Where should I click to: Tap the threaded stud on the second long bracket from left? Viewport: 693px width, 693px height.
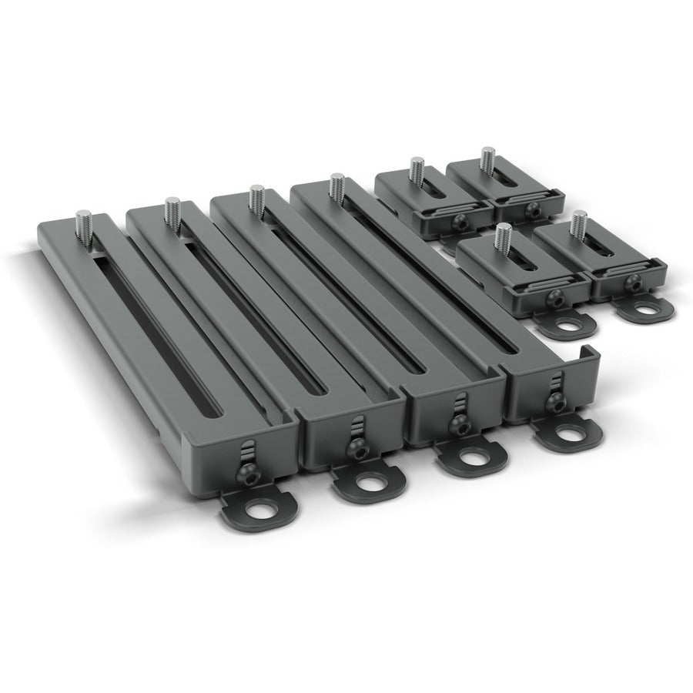pos(170,211)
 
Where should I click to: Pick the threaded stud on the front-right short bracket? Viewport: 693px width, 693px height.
pos(578,224)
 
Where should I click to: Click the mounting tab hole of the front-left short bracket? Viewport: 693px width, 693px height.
pos(568,324)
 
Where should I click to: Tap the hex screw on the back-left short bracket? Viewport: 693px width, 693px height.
pos(457,223)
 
